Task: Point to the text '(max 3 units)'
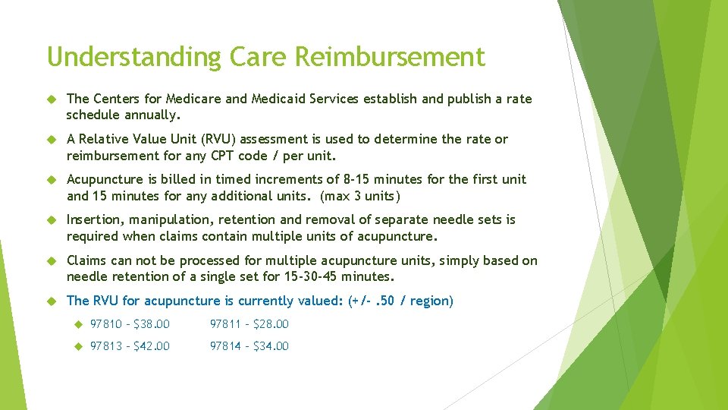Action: (x=359, y=195)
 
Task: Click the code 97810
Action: (x=106, y=324)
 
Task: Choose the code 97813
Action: (x=106, y=346)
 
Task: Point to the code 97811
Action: (x=225, y=324)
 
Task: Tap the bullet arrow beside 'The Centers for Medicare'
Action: (x=52, y=99)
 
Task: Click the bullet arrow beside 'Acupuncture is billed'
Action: (x=52, y=180)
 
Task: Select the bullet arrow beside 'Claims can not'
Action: (x=52, y=261)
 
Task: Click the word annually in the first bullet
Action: (x=155, y=115)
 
